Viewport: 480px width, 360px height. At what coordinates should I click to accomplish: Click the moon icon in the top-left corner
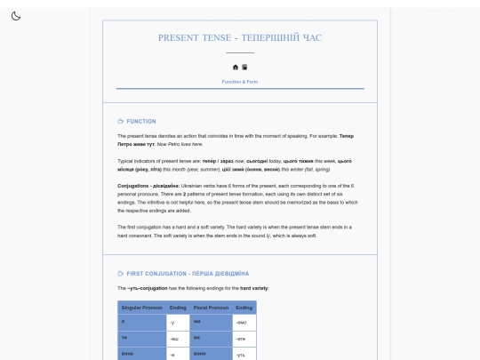point(16,16)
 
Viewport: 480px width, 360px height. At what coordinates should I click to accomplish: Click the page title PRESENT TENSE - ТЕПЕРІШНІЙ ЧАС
point(240,37)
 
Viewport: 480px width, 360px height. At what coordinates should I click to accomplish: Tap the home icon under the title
point(236,67)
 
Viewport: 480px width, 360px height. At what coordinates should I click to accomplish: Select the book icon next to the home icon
point(244,67)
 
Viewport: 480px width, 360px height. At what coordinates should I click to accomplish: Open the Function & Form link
point(240,82)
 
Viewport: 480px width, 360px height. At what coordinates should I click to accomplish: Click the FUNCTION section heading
point(141,121)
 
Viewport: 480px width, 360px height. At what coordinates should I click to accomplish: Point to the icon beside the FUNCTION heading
point(121,121)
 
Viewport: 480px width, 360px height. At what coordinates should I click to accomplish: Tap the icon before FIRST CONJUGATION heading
point(121,273)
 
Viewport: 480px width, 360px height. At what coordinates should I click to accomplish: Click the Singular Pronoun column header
point(140,308)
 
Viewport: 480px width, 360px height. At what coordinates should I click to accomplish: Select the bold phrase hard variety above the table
point(233,288)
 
